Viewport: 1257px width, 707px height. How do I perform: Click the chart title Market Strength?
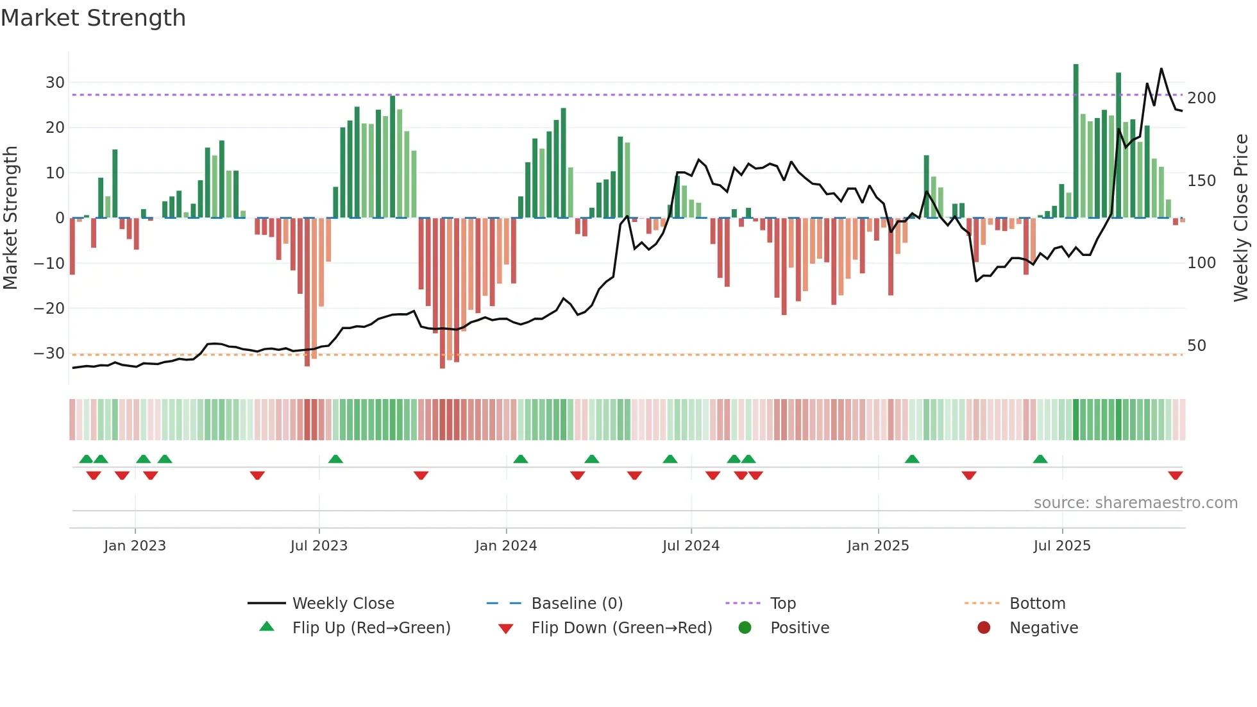click(93, 18)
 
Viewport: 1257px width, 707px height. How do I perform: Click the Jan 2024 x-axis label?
click(506, 546)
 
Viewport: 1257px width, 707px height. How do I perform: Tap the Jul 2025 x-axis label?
click(1062, 546)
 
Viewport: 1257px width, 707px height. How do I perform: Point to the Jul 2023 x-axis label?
click(319, 546)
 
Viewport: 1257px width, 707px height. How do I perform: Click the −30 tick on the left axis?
click(49, 353)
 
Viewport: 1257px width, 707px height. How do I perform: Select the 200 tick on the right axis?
click(1201, 98)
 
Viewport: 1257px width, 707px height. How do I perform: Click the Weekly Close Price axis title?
click(1241, 218)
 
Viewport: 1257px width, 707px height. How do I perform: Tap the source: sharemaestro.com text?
click(1135, 503)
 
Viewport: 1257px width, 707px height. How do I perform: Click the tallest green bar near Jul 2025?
click(1076, 141)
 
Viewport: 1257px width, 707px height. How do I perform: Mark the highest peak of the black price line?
click(1161, 69)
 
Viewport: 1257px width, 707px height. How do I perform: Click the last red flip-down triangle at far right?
click(1176, 475)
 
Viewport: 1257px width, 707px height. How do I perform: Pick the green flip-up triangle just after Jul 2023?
click(335, 459)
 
